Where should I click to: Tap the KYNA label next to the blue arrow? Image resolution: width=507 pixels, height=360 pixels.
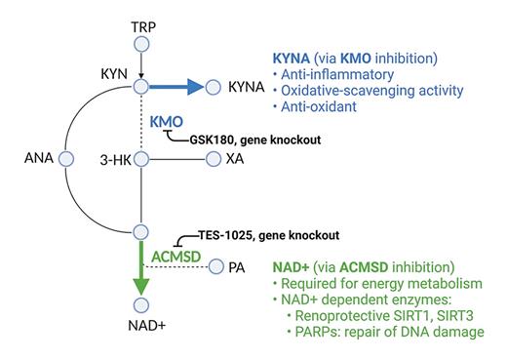tap(246, 88)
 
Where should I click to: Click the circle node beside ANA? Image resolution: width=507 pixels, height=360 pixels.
tap(66, 157)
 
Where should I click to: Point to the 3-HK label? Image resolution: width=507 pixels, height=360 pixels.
tap(114, 157)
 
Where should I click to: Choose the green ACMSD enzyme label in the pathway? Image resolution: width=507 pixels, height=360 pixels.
tap(176, 255)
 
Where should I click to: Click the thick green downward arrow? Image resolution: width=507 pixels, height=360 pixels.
tap(141, 273)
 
